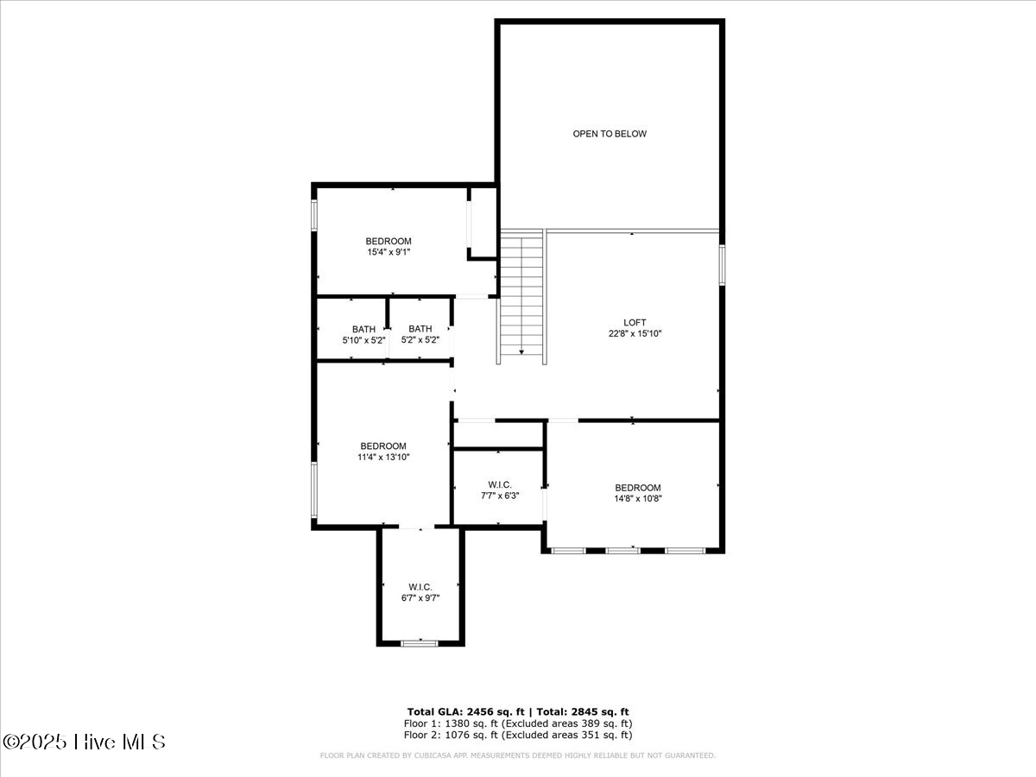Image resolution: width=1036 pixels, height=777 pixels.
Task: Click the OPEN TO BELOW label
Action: (609, 134)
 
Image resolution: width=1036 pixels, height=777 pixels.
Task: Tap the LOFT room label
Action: (635, 322)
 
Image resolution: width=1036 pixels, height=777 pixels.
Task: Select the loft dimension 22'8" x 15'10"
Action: (635, 333)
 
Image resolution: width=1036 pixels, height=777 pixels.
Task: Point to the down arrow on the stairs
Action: (521, 351)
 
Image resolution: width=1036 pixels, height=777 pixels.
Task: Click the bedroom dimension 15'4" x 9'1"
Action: (388, 252)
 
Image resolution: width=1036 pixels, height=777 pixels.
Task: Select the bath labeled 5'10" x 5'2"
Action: (363, 334)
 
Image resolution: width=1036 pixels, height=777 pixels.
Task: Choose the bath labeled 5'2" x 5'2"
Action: (420, 334)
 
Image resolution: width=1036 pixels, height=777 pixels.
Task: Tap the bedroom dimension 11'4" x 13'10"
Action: (383, 458)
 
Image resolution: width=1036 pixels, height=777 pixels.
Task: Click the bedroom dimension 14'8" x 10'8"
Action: (637, 498)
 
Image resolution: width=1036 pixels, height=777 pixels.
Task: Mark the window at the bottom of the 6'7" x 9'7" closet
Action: (420, 642)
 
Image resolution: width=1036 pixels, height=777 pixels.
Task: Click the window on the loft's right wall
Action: (722, 264)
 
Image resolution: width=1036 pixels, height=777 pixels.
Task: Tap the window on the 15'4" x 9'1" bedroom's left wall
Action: (314, 216)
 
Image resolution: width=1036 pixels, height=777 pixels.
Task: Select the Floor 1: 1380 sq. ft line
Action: (518, 723)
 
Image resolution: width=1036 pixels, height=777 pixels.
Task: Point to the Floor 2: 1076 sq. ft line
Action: (518, 735)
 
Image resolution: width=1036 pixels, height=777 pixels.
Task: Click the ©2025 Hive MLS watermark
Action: (84, 742)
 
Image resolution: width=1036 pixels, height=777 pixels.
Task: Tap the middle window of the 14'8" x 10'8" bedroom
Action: (623, 550)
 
